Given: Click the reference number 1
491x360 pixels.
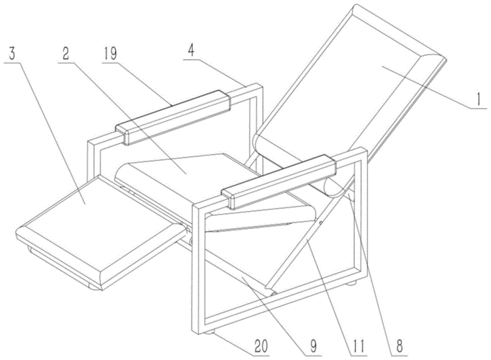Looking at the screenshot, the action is click(x=478, y=100).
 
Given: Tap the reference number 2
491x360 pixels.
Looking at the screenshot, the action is click(x=66, y=54).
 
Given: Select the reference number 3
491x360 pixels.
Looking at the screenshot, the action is click(x=12, y=54).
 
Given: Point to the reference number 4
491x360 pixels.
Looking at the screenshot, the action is click(x=191, y=50).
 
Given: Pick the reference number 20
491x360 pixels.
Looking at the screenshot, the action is click(x=261, y=347).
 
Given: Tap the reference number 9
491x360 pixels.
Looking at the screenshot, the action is click(x=313, y=346).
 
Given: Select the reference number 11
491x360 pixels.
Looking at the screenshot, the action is click(x=359, y=346).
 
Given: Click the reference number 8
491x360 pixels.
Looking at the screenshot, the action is click(x=400, y=346).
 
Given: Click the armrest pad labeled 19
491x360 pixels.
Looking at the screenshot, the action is click(x=174, y=117).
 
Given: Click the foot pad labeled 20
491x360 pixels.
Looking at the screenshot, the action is click(x=210, y=333).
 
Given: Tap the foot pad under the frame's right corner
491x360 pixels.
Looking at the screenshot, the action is click(x=352, y=283).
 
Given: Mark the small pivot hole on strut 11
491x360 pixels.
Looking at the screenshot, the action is click(x=320, y=223).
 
